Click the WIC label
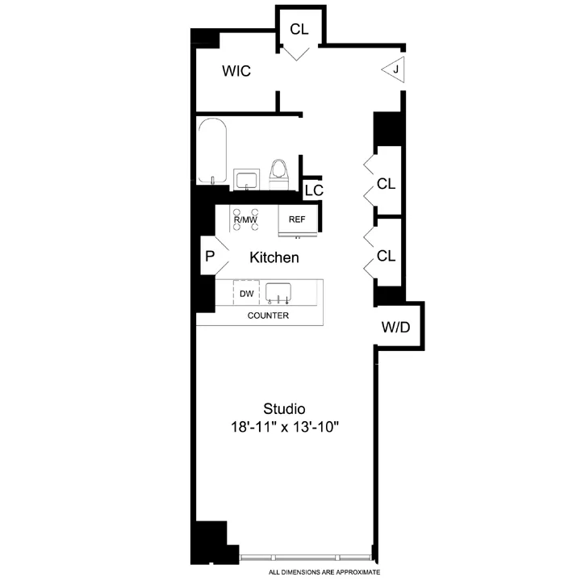pos(236,72)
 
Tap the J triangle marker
pos(394,70)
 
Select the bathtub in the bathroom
pos(212,151)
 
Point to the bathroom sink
pos(245,179)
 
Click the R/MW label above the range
pos(245,219)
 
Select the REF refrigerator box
pos(297,219)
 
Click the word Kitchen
pos(274,258)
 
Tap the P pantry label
pos(210,257)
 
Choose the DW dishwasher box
pos(246,293)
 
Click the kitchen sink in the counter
pos(278,292)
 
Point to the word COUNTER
pos(268,316)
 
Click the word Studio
pos(284,408)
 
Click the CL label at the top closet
pos(299,29)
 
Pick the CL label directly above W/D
pos(387,256)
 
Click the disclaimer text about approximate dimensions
pos(324,571)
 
